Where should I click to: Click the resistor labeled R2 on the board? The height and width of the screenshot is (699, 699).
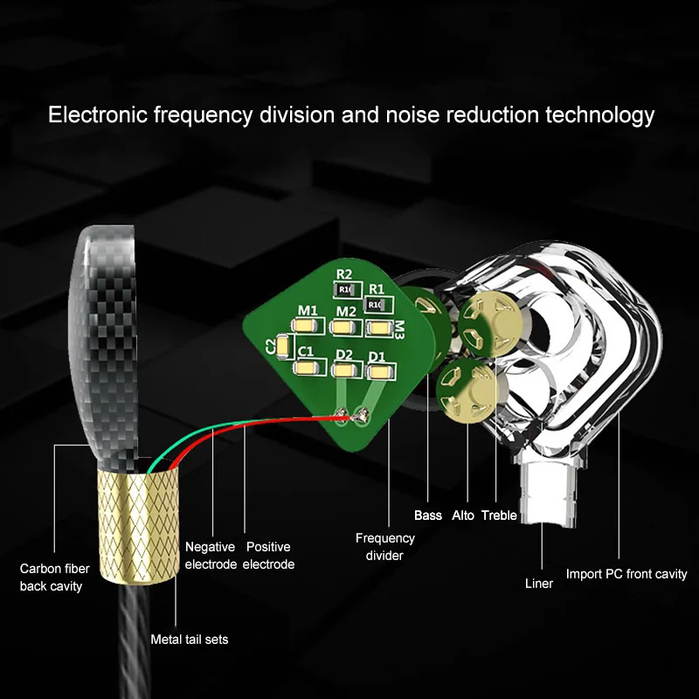pos(344,288)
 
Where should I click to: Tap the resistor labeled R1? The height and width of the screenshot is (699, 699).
pos(377,303)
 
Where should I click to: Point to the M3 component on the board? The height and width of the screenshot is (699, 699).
pos(379,328)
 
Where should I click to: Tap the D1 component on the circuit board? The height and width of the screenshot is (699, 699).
pos(377,371)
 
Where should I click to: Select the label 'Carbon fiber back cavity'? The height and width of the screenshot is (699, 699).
pos(52,578)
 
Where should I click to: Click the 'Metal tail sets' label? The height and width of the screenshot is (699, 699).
pos(189,640)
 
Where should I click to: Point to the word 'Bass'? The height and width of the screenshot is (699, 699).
pos(428,516)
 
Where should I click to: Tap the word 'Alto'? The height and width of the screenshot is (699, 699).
pos(463,516)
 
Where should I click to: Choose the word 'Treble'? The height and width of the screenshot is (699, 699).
pos(499,516)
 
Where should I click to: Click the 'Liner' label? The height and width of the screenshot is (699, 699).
pos(539,583)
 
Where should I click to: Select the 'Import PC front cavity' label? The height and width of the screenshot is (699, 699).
pos(626,574)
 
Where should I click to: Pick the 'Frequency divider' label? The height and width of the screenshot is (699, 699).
pos(384,546)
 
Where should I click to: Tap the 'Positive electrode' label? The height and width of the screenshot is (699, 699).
pos(268,556)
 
